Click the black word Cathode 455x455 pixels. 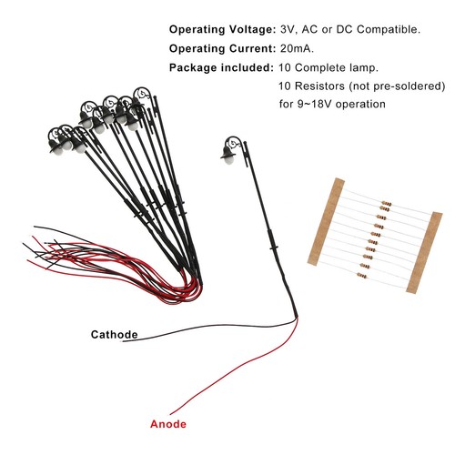(115, 335)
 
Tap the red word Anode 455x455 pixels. (168, 424)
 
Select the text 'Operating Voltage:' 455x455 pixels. (222, 30)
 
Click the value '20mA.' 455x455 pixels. (297, 48)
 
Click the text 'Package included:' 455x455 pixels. (221, 67)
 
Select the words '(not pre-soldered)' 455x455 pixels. (397, 86)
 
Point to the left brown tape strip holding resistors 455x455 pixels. (326, 222)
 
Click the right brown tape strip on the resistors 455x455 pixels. (424, 253)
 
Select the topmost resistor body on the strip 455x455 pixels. (387, 203)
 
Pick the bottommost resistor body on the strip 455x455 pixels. (362, 276)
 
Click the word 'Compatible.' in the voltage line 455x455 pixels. (389, 30)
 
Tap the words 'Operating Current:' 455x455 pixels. (222, 49)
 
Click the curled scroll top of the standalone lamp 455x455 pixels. (234, 142)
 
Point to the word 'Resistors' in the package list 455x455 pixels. (319, 86)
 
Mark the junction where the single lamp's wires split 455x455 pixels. (297, 318)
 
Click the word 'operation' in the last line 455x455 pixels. (360, 105)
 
